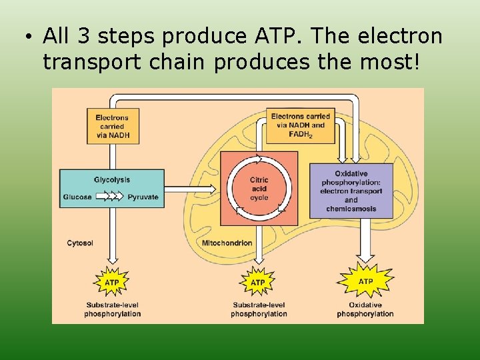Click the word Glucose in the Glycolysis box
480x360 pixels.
click(x=77, y=197)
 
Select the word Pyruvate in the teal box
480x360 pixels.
click(x=143, y=197)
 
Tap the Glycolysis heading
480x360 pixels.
click(x=112, y=180)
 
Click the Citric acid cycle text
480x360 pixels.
click(x=259, y=189)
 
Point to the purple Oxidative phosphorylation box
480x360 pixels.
click(x=351, y=191)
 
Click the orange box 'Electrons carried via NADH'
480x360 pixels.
click(x=112, y=126)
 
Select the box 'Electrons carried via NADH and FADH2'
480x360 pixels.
click(x=301, y=125)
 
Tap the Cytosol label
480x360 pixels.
click(x=80, y=243)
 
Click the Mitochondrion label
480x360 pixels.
click(x=227, y=243)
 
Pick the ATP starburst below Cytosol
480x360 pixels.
click(x=112, y=283)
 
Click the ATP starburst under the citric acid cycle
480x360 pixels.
click(x=257, y=283)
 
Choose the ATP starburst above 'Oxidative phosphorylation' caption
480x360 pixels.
click(x=366, y=281)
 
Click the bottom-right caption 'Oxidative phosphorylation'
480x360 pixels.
click(x=365, y=309)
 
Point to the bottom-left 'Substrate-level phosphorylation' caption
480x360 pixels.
click(x=113, y=309)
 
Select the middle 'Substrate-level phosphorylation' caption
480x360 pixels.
click(x=259, y=309)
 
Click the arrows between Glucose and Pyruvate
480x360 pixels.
click(x=109, y=197)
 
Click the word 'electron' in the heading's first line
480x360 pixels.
click(x=405, y=35)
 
